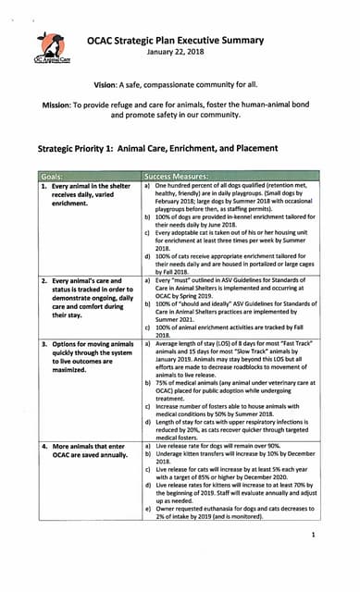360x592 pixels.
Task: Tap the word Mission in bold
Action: pyautogui.click(x=62, y=105)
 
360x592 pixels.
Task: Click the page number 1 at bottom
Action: pyautogui.click(x=315, y=535)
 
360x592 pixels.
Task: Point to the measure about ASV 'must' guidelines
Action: pyautogui.click(x=230, y=288)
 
